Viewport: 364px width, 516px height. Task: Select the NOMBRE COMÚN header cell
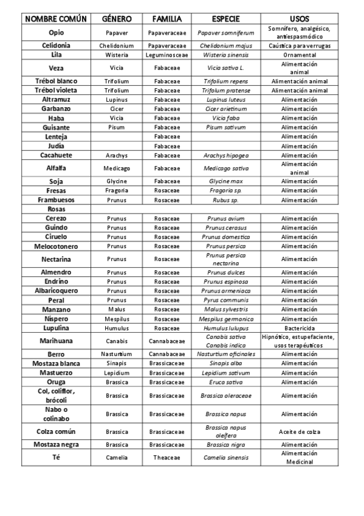57,19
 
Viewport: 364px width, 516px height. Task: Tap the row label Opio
57,32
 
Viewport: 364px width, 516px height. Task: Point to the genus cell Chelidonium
117,46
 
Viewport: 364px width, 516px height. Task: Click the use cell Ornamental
299,55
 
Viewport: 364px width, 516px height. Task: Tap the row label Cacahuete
57,155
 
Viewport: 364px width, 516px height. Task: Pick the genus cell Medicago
117,168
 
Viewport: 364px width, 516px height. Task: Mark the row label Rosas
57,209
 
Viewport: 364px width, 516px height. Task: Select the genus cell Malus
117,309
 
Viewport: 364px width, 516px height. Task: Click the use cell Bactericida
299,328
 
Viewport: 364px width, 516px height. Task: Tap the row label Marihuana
57,341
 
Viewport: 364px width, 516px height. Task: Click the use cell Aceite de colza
299,431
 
